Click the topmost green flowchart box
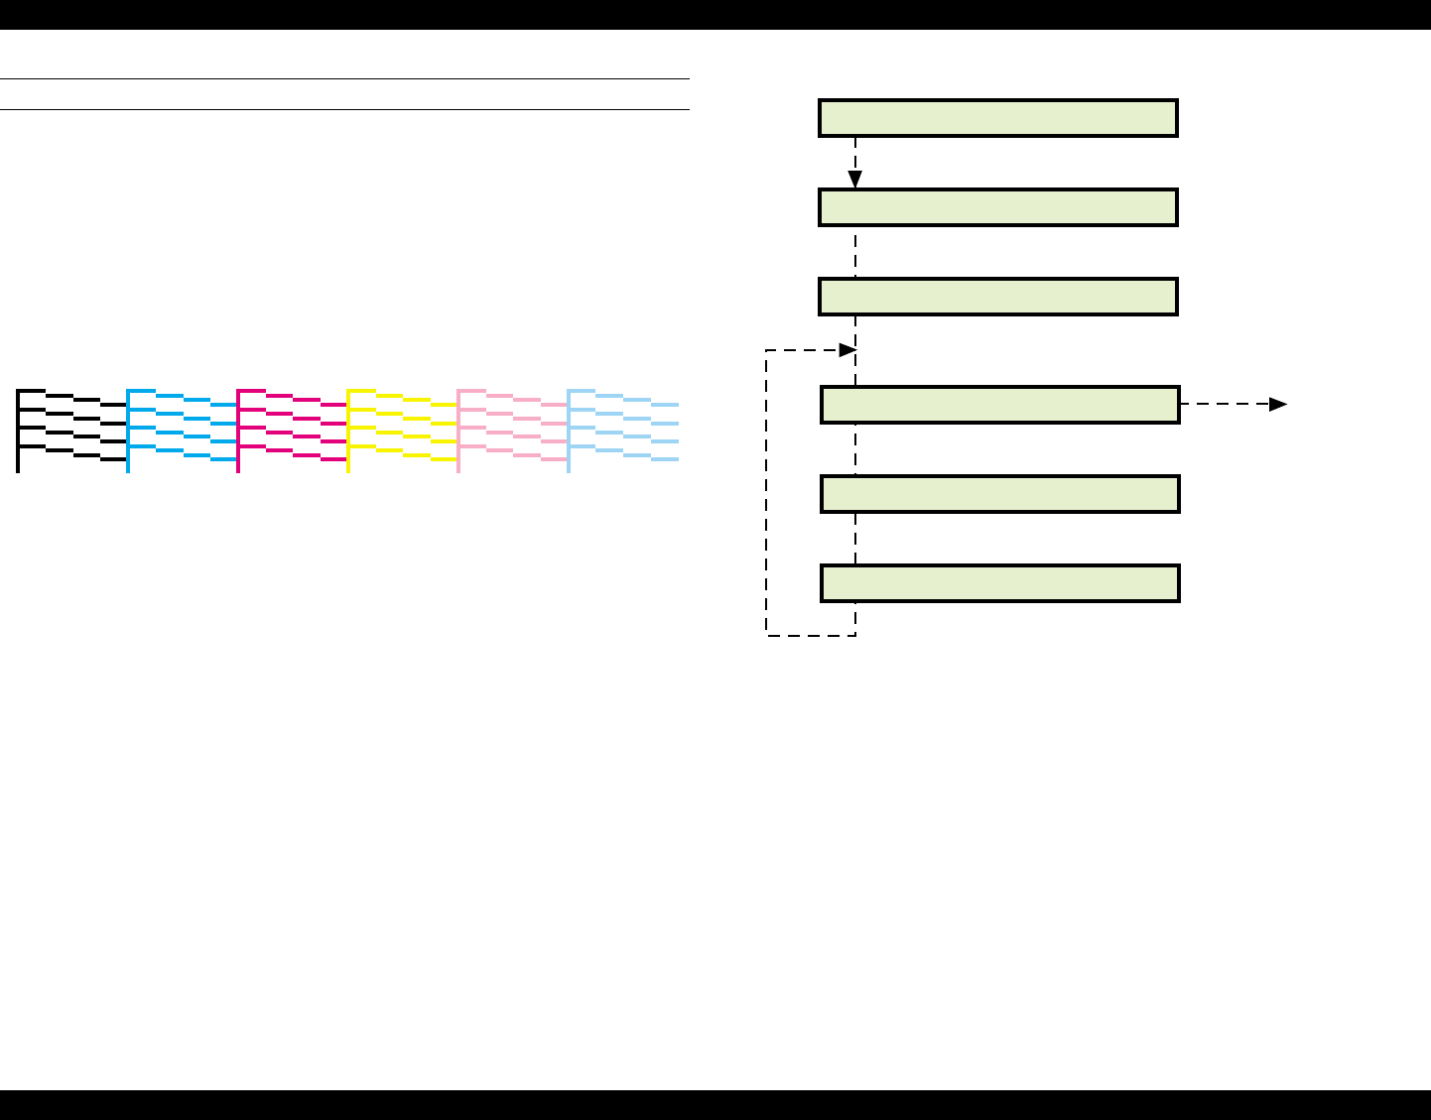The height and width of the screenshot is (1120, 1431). pos(997,117)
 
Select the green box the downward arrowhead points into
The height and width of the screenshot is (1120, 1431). pos(997,207)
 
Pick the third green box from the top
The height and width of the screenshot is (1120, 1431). pos(997,297)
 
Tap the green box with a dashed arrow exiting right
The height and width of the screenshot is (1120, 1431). pos(999,405)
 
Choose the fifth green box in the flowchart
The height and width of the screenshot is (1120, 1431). pos(999,494)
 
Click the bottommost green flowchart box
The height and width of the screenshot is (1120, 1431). pos(999,583)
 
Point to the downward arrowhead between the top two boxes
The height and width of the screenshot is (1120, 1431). pos(855,180)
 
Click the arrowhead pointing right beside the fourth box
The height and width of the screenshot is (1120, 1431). pos(1279,404)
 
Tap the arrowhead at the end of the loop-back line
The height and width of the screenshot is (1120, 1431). pos(847,350)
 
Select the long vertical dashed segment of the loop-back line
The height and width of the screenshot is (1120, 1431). pos(766,496)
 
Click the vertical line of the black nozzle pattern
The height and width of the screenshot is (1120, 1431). pos(18,432)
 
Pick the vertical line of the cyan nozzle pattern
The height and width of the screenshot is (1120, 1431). pos(128,432)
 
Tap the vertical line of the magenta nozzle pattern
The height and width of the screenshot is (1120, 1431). pos(238,432)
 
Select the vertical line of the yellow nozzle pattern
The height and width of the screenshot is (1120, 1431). pos(348,432)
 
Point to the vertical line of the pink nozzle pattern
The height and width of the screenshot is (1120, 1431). pos(457,432)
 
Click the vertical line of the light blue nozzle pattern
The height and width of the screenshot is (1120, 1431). pos(568,432)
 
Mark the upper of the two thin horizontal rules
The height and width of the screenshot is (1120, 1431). pos(344,78)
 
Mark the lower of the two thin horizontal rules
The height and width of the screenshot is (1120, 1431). pos(344,109)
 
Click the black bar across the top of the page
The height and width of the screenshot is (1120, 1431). pos(715,14)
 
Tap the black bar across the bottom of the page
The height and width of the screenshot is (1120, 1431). pos(715,1105)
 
